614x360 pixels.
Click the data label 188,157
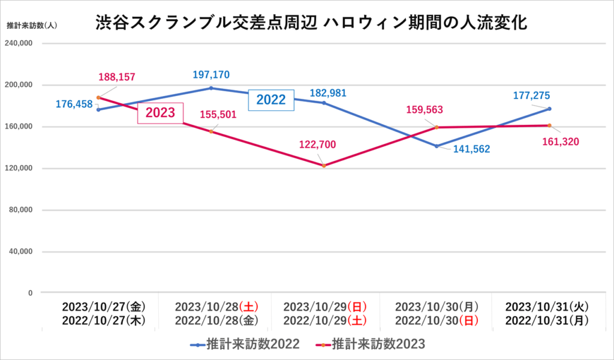(116, 77)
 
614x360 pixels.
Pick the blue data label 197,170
(211, 75)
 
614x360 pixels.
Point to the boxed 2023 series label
(160, 113)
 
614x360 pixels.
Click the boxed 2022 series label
(271, 100)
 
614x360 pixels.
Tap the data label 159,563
(426, 110)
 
